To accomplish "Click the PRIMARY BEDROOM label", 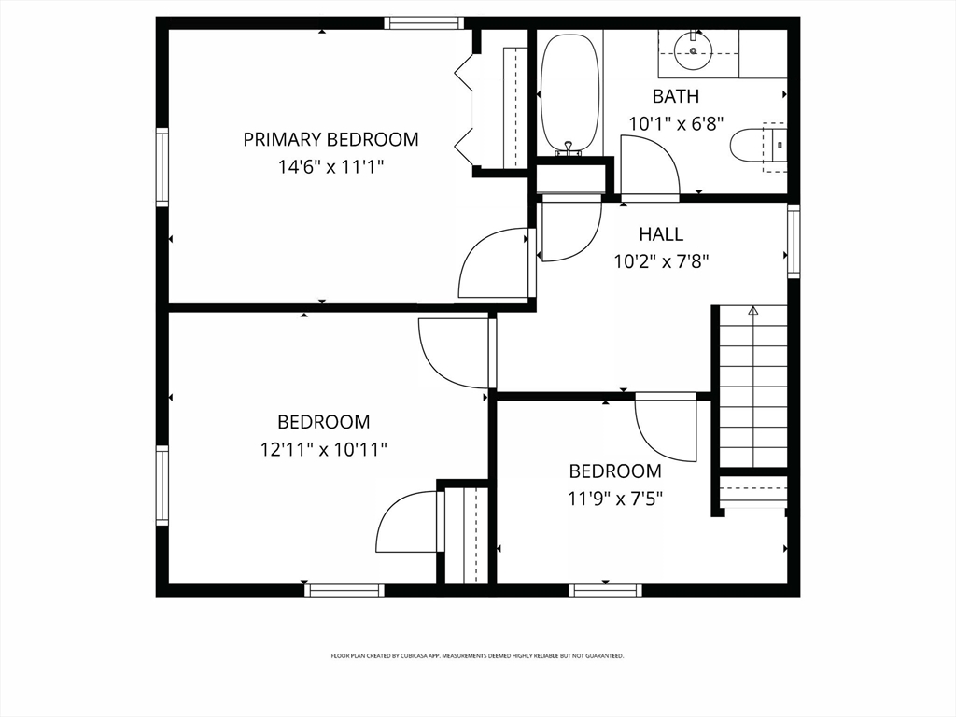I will pos(330,139).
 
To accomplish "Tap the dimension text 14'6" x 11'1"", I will pos(330,167).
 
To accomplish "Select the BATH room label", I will pos(675,96).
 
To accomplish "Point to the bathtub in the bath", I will pos(569,94).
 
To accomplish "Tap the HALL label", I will pos(660,234).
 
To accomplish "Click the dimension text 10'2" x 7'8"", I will pos(660,261).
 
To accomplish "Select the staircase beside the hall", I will pos(752,387).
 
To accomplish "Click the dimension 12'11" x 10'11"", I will pos(323,449).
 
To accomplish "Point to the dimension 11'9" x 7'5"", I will pos(615,498).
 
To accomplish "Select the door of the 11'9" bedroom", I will pos(666,429).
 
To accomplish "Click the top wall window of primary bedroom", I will pos(424,23).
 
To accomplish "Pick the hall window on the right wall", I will pos(794,242).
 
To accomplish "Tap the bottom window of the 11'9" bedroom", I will pos(605,590).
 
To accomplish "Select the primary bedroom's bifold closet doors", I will pos(464,103).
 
